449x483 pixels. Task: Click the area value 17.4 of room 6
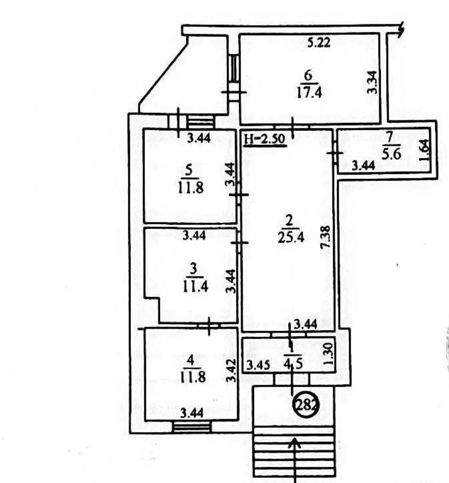point(309,93)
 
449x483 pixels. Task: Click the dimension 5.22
point(319,43)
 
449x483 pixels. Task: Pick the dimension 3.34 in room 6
point(372,82)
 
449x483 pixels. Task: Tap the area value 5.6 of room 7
point(391,154)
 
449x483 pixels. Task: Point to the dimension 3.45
point(258,372)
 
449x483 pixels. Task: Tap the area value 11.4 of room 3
point(195,287)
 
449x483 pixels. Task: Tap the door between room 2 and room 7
point(335,153)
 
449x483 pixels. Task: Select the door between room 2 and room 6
point(292,127)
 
